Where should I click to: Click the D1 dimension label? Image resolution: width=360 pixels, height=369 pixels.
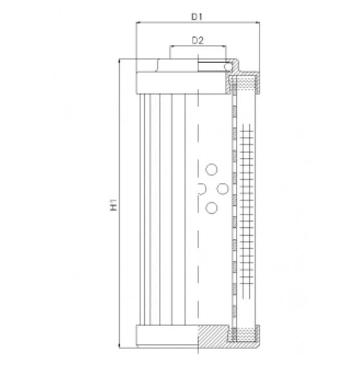[x=198, y=17]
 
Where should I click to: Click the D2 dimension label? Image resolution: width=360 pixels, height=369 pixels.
[x=198, y=41]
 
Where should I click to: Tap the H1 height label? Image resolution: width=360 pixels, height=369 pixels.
[x=114, y=205]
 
